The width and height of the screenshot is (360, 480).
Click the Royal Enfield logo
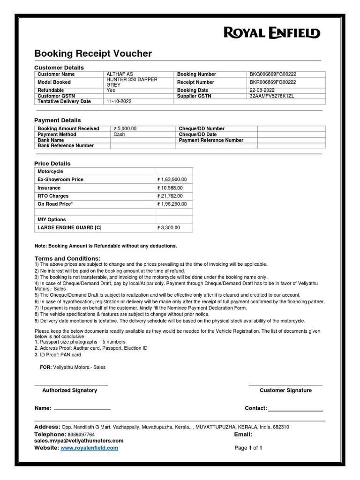272,32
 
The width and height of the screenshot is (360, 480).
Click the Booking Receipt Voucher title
93,54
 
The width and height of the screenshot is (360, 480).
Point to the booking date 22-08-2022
262,90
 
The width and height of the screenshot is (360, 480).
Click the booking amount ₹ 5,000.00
125,128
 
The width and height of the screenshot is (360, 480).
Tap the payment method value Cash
120,134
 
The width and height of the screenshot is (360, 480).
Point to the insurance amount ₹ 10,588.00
170,188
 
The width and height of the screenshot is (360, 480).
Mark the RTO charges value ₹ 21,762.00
170,196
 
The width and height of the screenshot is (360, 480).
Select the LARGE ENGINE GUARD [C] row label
69,228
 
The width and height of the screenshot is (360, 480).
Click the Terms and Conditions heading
67,259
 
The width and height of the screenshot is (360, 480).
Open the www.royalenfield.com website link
89,448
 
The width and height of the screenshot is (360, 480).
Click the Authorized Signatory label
70,390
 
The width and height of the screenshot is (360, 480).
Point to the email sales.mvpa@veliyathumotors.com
79,441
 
